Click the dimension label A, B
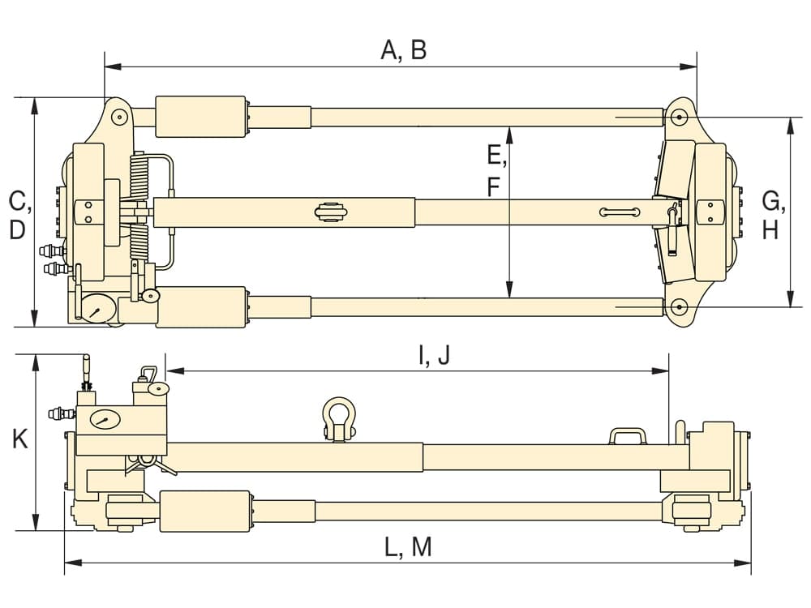404,50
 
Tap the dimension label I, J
435,355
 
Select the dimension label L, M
408,547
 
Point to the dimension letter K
19,439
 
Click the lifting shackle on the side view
339,419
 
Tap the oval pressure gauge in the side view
105,419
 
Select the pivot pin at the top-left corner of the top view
119,116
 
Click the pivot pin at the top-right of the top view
679,117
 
